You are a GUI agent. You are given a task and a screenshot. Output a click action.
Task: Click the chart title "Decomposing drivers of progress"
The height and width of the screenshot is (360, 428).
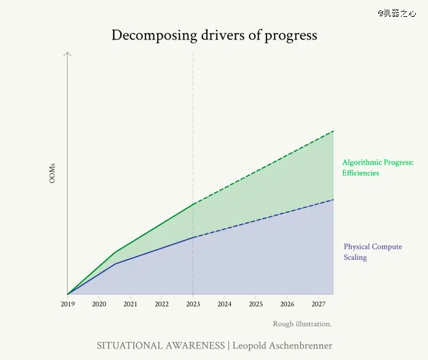214,35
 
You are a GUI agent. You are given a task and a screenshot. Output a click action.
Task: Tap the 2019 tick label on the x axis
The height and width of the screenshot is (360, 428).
68,304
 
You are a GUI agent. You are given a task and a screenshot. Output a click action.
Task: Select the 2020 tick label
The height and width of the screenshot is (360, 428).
99,304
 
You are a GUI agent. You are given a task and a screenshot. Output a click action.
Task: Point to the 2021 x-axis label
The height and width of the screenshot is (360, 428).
130,304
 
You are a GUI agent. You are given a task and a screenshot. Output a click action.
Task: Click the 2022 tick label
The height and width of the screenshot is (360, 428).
162,304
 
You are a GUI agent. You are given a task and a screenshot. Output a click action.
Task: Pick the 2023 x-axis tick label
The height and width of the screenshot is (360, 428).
193,304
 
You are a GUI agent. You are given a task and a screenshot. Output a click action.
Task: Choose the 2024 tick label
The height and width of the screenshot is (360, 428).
224,304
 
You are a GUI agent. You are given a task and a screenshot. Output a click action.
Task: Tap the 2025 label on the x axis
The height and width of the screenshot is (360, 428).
255,304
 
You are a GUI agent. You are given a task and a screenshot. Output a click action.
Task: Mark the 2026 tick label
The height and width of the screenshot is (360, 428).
287,304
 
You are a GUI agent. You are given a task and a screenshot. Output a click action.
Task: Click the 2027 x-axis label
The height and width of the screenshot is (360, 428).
318,304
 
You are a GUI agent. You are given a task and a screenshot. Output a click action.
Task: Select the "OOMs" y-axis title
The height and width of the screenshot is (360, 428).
52,173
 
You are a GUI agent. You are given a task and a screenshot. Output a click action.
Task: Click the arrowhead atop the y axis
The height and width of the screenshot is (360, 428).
67,54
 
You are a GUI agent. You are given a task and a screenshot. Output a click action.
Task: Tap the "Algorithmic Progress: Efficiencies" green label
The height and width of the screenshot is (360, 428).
377,168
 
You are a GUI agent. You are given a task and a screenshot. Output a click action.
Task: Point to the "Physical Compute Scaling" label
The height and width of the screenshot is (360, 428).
372,252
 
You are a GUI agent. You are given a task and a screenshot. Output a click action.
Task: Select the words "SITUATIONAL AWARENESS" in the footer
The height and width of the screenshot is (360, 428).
160,346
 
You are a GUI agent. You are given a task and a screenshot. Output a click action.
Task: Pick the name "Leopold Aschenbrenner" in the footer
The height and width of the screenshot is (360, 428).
282,346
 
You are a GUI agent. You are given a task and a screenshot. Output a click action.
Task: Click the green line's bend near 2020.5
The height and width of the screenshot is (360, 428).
114,253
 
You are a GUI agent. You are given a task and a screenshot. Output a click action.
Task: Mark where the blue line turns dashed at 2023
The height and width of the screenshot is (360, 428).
193,237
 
